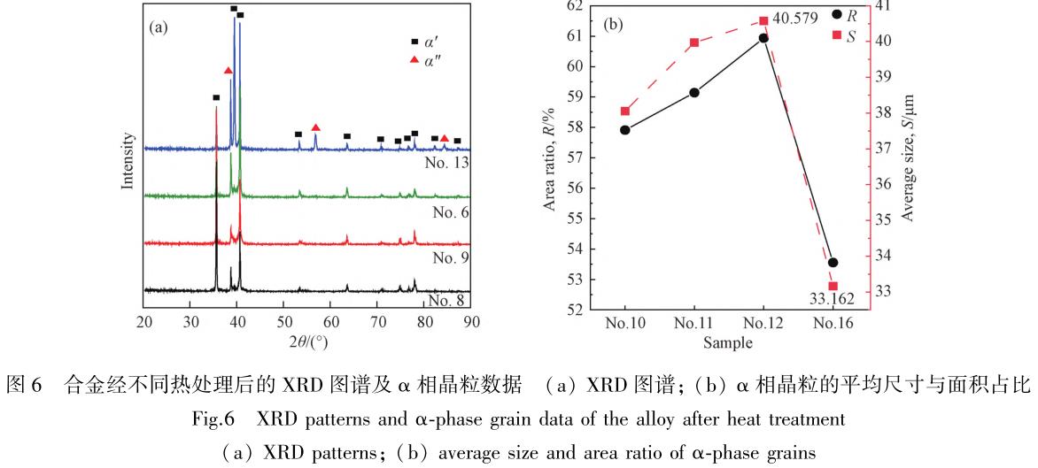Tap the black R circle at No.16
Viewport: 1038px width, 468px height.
833,263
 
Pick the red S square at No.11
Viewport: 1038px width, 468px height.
694,42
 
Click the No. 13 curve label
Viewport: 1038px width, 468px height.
448,162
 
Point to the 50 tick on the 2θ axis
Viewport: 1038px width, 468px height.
283,322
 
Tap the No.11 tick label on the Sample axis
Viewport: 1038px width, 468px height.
694,324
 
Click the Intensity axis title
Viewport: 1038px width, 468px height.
128,162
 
